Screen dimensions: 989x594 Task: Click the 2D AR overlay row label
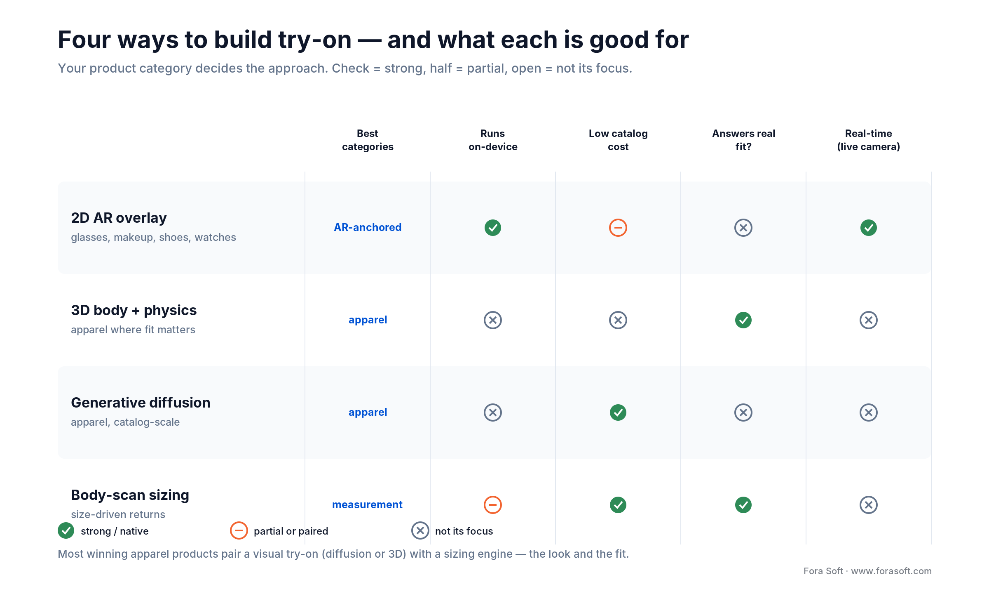coord(119,218)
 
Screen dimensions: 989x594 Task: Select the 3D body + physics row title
coord(134,310)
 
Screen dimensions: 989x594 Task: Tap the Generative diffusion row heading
coord(141,403)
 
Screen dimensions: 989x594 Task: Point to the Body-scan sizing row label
coord(130,495)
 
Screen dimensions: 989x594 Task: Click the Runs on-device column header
coord(493,140)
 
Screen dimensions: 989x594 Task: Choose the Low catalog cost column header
coord(618,140)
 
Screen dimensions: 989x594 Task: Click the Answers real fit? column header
coord(743,140)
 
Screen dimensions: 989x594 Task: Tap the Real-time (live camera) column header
coord(869,140)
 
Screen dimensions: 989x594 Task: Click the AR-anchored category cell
coord(368,227)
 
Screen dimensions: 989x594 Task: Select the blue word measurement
coord(368,504)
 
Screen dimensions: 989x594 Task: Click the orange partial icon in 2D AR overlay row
coord(618,228)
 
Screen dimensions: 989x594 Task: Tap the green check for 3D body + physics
coord(743,320)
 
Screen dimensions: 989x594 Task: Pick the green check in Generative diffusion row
coord(618,412)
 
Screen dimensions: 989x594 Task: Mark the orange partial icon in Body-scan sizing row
coord(493,505)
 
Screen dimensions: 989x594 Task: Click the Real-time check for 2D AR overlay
coord(869,228)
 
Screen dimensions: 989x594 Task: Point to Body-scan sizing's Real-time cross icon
coord(869,505)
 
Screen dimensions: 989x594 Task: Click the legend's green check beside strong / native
coord(66,530)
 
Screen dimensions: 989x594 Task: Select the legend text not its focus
coord(464,531)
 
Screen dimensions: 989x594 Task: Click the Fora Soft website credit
coord(867,571)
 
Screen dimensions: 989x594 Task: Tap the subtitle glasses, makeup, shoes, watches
coord(153,237)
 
